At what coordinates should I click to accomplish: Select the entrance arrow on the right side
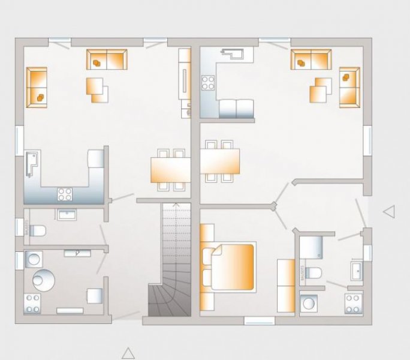(389, 211)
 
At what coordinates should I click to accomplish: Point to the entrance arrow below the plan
(127, 352)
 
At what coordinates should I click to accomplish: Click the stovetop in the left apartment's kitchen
(64, 194)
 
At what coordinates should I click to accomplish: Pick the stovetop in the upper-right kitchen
(208, 82)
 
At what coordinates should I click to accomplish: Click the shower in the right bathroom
(311, 247)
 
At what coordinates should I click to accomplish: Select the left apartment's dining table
(170, 169)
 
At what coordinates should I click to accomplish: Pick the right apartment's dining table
(219, 161)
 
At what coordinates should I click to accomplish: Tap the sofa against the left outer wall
(37, 88)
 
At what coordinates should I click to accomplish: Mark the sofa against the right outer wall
(349, 88)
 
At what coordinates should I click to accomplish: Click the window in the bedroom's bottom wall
(260, 321)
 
